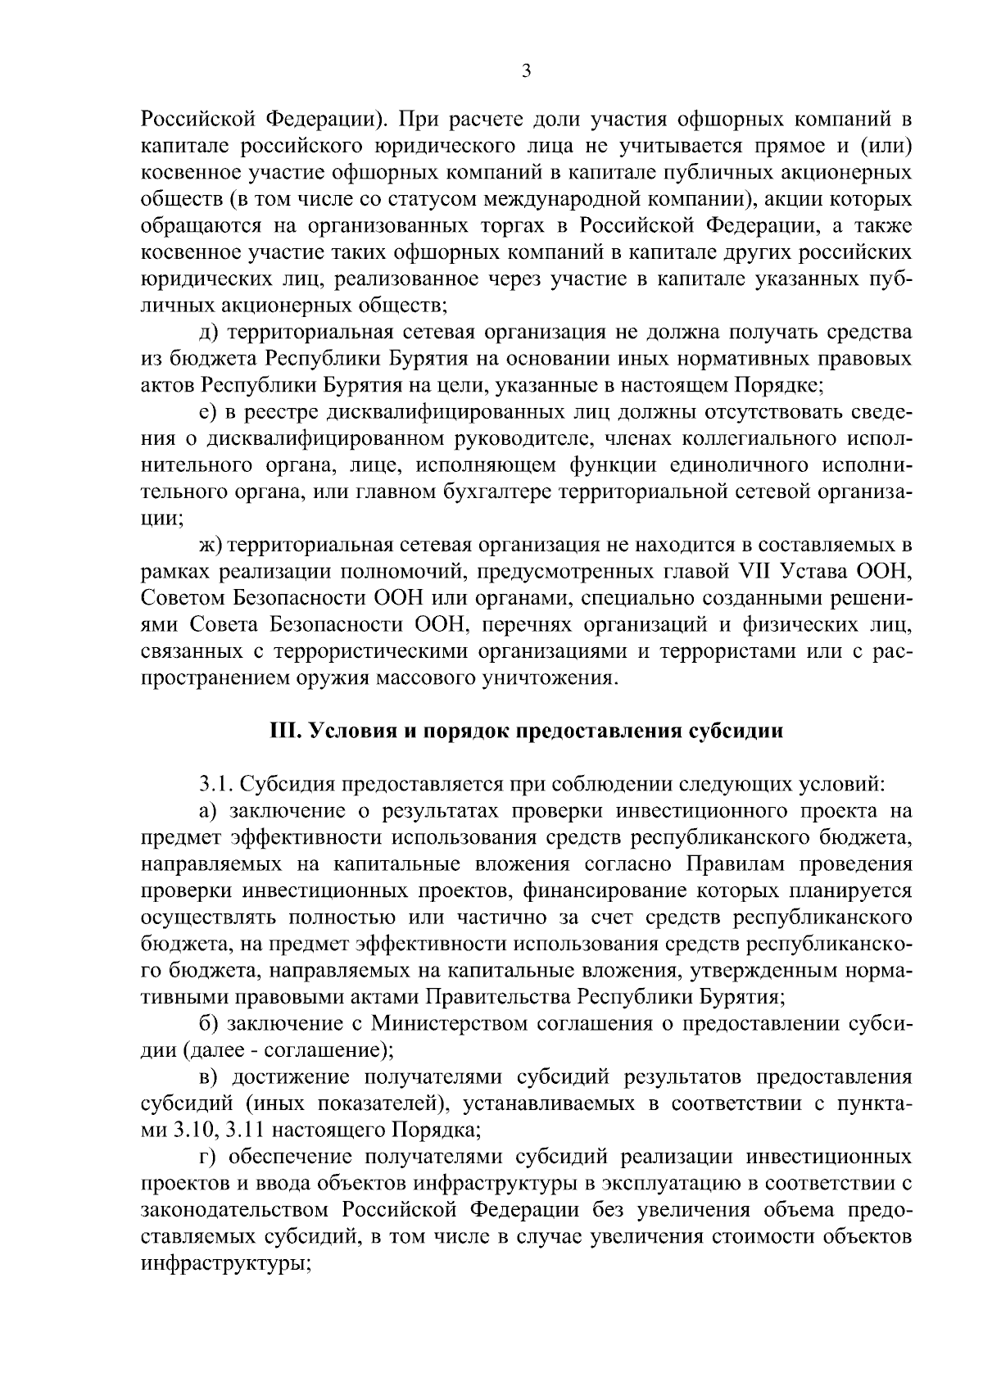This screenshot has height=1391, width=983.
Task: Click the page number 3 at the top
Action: [x=526, y=72]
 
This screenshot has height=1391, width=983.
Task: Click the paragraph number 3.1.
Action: [x=218, y=784]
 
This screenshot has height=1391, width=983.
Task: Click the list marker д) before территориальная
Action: [x=209, y=332]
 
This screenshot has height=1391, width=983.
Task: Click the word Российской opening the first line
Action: [x=197, y=120]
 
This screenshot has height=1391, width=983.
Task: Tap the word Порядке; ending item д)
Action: [x=777, y=385]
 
